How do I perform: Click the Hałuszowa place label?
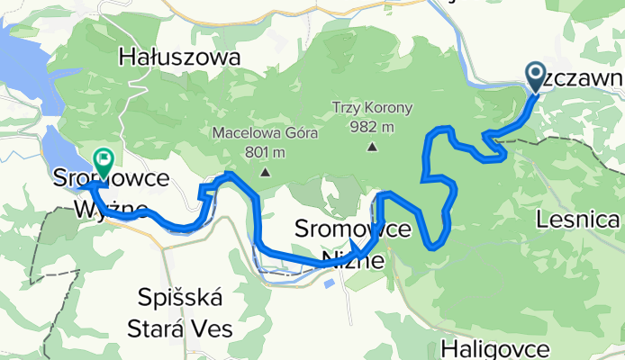point(180,58)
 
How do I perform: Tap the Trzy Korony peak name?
point(372,108)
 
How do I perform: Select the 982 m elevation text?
point(372,126)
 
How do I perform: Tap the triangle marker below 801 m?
point(265,172)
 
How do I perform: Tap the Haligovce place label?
point(495,347)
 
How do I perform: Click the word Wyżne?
point(112,211)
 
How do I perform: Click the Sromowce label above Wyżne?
point(112,178)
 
